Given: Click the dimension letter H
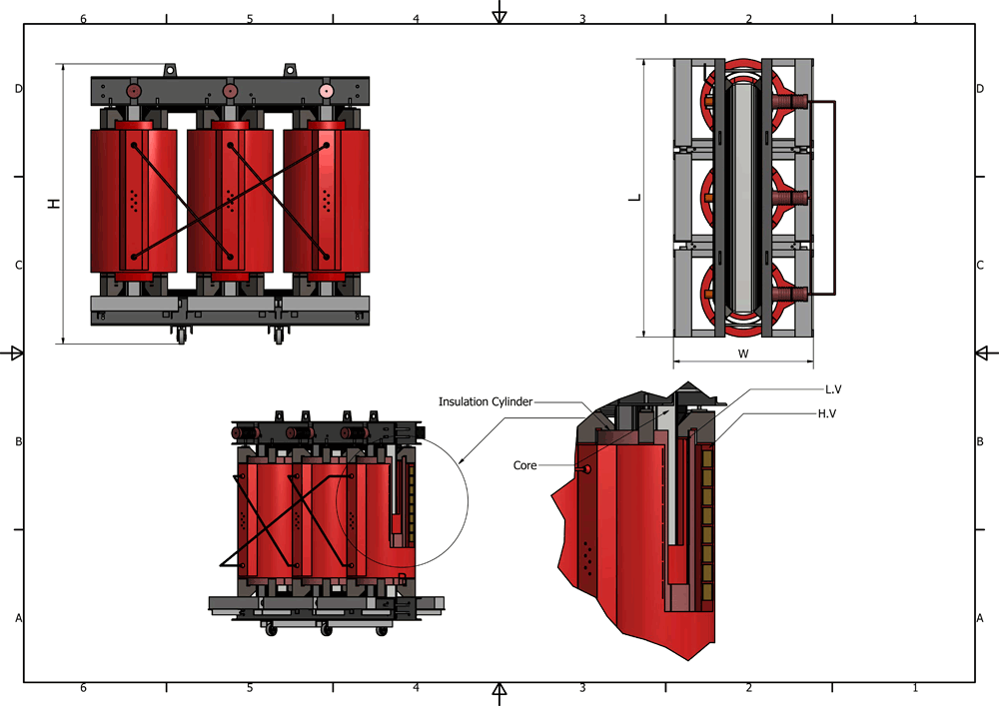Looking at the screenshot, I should point(55,204).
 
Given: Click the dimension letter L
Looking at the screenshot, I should point(633,198).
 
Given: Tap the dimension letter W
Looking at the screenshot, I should point(743,353).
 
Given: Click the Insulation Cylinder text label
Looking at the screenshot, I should point(486,401).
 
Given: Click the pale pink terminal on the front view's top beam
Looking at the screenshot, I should point(326,91).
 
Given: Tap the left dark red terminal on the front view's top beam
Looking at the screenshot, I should point(134,91).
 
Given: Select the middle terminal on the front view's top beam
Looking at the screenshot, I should point(230,91).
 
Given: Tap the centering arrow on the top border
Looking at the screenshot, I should point(500,15).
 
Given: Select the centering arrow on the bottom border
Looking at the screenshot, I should point(500,691).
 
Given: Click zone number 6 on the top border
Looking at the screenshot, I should point(83,19).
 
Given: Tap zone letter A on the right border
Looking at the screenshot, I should point(980,619).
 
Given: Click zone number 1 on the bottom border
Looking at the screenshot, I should point(915,688).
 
